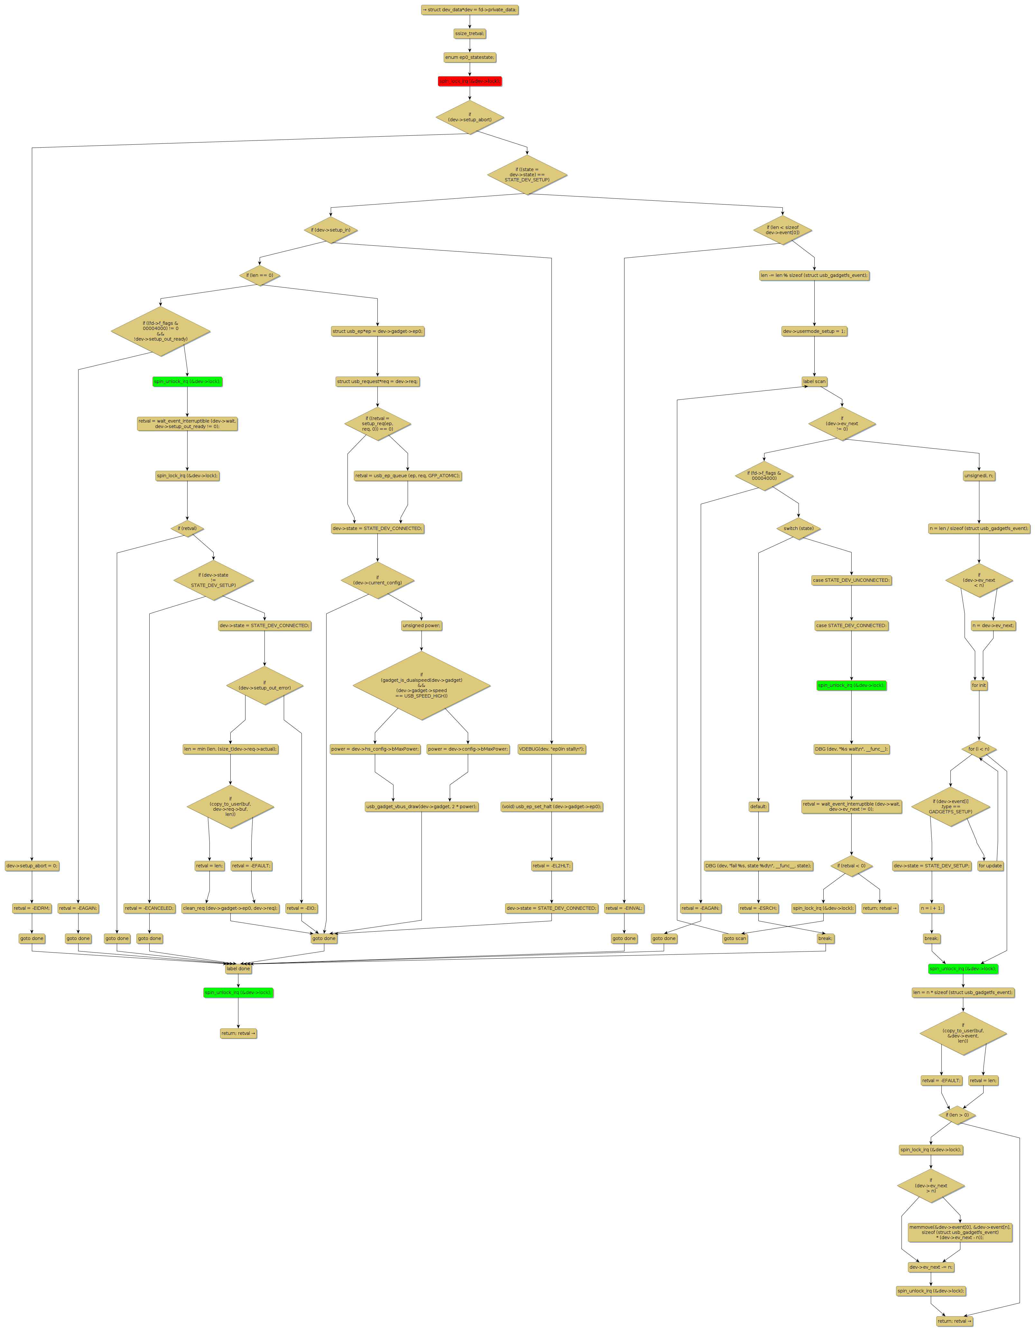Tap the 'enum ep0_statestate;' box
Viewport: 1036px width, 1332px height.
[x=469, y=57]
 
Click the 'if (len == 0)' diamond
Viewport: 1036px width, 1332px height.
[x=259, y=275]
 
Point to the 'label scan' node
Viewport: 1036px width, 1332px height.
[x=814, y=381]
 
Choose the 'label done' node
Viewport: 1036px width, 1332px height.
[x=238, y=969]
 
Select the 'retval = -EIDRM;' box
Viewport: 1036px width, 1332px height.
[x=32, y=908]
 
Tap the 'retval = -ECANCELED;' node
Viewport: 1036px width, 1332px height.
[x=149, y=908]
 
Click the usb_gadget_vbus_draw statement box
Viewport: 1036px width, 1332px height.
[x=421, y=806]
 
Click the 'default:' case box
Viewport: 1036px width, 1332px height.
[x=758, y=806]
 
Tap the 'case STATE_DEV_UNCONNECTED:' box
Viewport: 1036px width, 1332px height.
[x=851, y=580]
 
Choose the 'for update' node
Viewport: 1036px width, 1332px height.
[x=990, y=865]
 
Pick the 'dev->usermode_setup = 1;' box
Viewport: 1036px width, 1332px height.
[x=814, y=331]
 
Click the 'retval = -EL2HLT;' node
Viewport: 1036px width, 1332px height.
[x=551, y=865]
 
